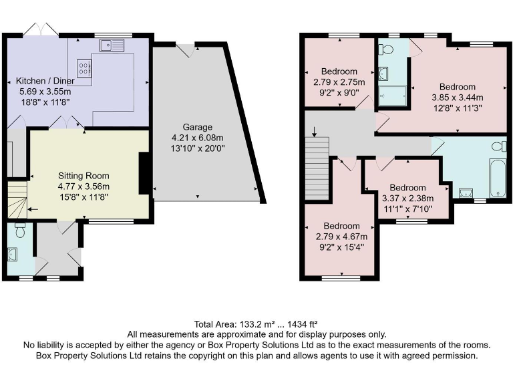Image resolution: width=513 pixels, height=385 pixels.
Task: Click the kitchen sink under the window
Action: [x=112, y=45]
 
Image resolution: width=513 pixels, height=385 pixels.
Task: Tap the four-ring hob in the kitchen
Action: [x=84, y=68]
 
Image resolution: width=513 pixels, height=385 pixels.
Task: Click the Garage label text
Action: [x=198, y=126]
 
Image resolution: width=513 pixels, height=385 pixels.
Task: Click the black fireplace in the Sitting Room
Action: [x=143, y=174]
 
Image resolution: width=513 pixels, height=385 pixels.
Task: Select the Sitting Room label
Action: [x=83, y=176]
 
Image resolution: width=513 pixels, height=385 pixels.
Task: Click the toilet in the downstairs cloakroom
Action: [x=19, y=231]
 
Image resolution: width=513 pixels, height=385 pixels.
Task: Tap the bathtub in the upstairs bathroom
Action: [x=498, y=178]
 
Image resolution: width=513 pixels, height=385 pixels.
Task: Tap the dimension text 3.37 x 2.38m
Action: [x=407, y=198]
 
